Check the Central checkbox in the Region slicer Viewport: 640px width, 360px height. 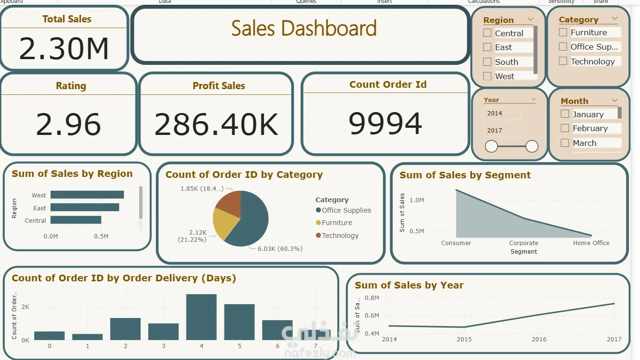487,33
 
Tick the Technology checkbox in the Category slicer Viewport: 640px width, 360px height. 563,61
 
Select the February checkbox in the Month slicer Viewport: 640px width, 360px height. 565,128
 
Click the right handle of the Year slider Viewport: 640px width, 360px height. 532,146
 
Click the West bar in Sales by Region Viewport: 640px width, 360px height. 87,195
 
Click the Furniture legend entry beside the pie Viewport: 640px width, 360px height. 336,223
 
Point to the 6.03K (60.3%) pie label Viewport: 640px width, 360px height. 280,248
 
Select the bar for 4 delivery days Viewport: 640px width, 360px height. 201,317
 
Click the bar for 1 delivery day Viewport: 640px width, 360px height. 87,337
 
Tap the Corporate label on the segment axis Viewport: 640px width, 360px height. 523,243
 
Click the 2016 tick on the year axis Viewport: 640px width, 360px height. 539,339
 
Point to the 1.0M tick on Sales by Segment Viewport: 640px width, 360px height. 417,200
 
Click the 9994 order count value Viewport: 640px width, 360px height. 385,124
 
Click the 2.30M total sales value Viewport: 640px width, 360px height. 64,49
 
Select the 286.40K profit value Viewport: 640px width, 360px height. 216,125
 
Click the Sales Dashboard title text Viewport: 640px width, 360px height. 304,29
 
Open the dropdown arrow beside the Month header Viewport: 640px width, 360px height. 614,101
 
